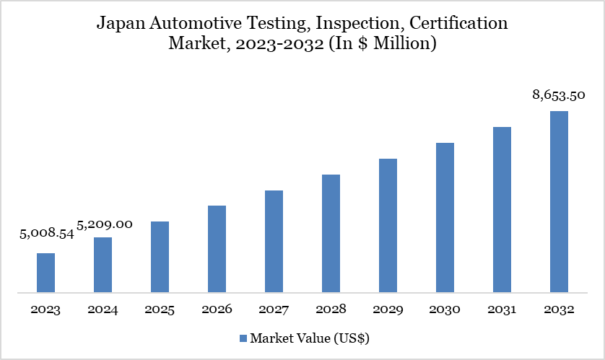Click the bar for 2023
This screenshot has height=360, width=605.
(45, 273)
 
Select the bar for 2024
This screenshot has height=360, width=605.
(103, 265)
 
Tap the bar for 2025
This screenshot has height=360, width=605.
(160, 257)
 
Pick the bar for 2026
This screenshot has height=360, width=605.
(217, 249)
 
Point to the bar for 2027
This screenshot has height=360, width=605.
(274, 242)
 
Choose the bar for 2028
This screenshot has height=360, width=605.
(331, 234)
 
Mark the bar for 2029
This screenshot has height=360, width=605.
(388, 226)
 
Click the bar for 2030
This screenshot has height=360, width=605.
(445, 218)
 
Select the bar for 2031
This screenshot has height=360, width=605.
(502, 210)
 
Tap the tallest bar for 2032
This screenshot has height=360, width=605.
(559, 202)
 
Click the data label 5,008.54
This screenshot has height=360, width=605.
(47, 234)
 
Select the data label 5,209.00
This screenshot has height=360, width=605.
(105, 224)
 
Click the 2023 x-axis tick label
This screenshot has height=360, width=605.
(45, 309)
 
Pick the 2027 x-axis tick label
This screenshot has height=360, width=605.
(274, 309)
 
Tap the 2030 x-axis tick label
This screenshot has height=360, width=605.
(445, 309)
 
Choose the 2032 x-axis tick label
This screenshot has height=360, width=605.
(559, 309)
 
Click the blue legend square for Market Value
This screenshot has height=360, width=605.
(243, 338)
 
